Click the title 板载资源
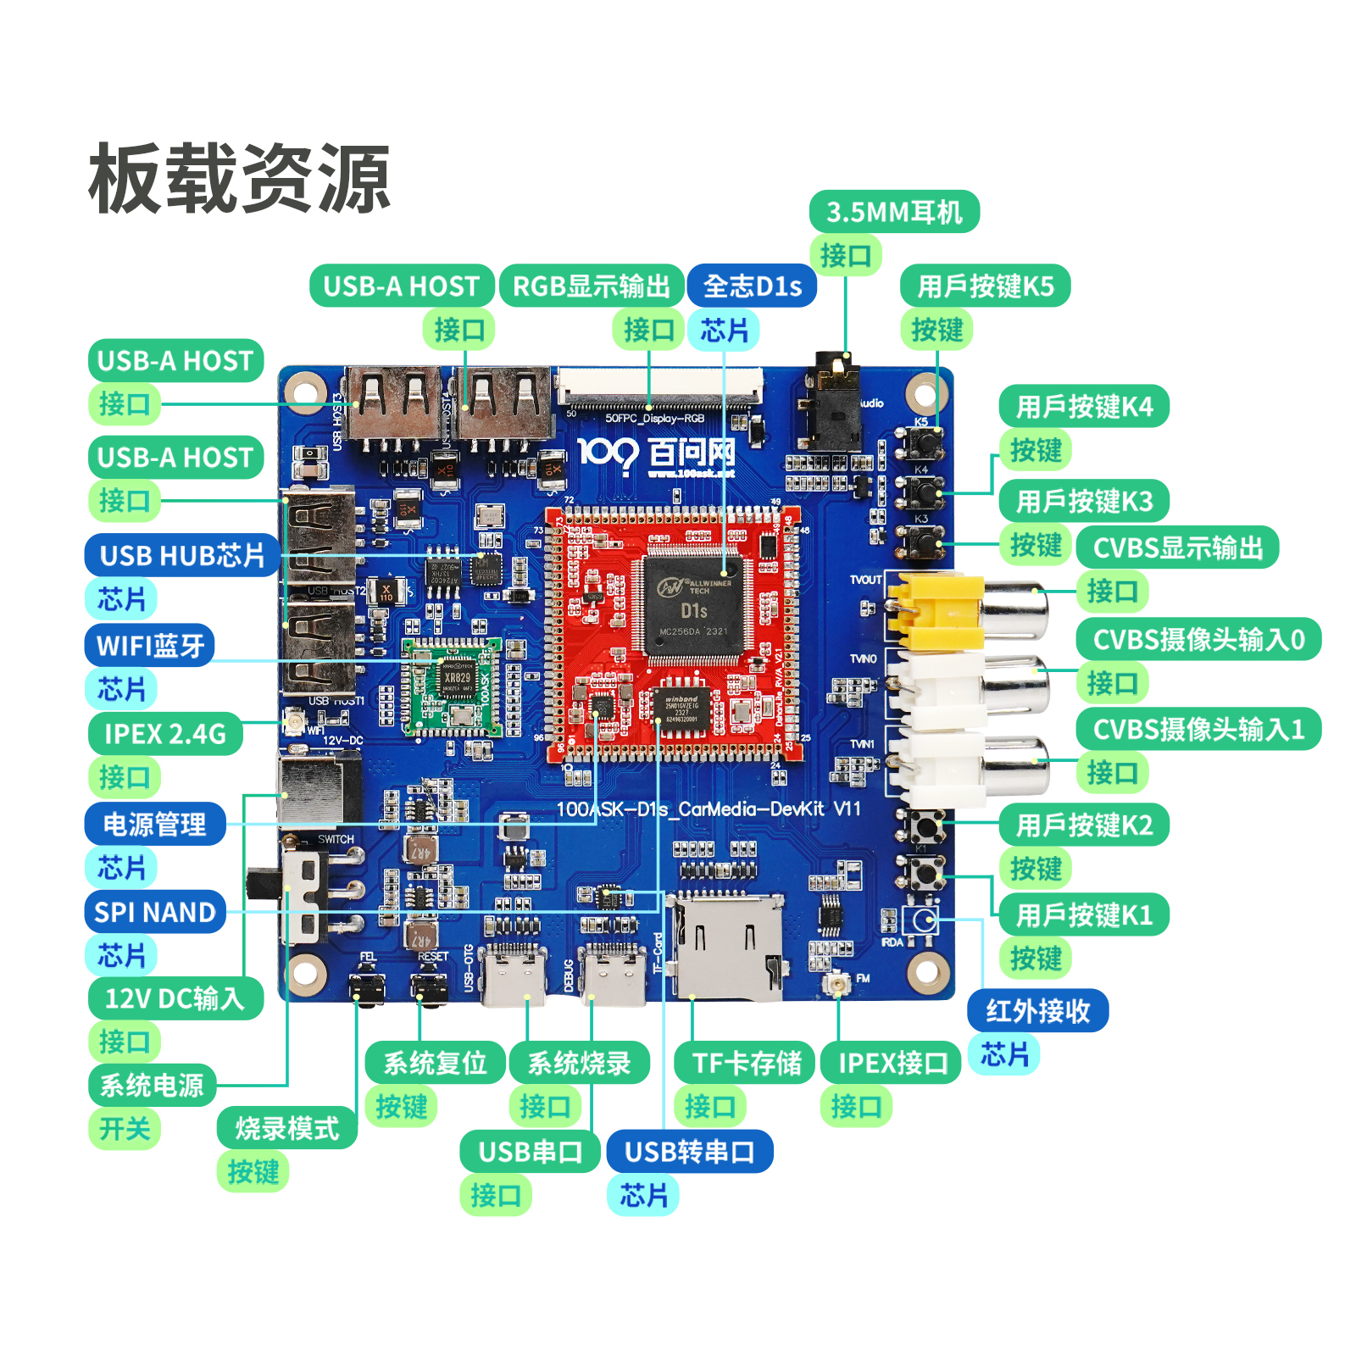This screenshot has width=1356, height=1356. [239, 179]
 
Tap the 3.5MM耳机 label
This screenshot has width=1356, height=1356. [894, 212]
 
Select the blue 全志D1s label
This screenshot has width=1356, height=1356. [752, 286]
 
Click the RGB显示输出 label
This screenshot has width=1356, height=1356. [592, 286]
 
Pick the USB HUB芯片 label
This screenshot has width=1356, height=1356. [182, 556]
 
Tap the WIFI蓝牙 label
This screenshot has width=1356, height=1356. [150, 646]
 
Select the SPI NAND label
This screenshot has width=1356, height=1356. [155, 912]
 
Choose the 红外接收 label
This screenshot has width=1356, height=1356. [1037, 1010]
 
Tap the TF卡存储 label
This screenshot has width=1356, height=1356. [746, 1063]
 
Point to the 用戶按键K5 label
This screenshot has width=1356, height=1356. [985, 286]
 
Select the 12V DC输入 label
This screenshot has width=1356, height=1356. [175, 998]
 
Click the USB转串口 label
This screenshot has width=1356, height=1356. [689, 1152]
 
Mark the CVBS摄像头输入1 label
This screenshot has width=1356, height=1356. [1198, 729]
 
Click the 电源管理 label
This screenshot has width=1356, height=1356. [155, 824]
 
